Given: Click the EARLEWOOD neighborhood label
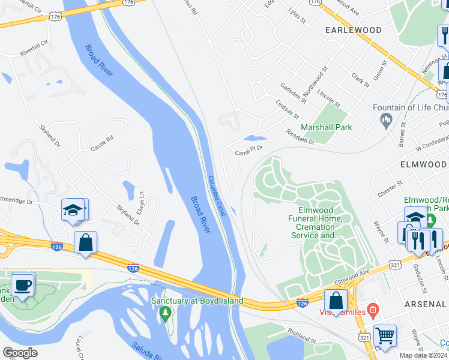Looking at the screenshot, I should pyautogui.click(x=353, y=29).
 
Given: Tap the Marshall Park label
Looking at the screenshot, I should pyautogui.click(x=327, y=127).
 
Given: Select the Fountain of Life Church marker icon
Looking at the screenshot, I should pyautogui.click(x=387, y=121).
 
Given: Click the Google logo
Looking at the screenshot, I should pyautogui.click(x=20, y=353).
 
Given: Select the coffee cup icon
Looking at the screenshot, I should pyautogui.click(x=23, y=284).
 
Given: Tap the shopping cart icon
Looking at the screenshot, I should pyautogui.click(x=385, y=335).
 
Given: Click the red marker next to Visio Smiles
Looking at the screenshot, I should pyautogui.click(x=373, y=310).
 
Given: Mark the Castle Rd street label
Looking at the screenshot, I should pyautogui.click(x=101, y=143).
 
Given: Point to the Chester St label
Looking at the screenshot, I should pyautogui.click(x=390, y=190).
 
